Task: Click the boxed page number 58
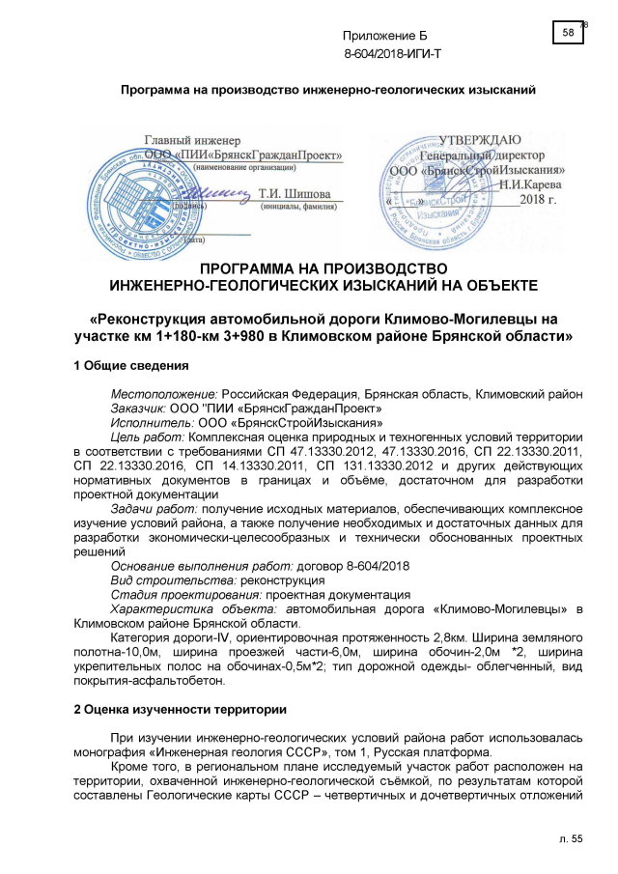(568, 34)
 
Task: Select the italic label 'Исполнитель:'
(153, 422)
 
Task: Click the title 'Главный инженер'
(191, 141)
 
